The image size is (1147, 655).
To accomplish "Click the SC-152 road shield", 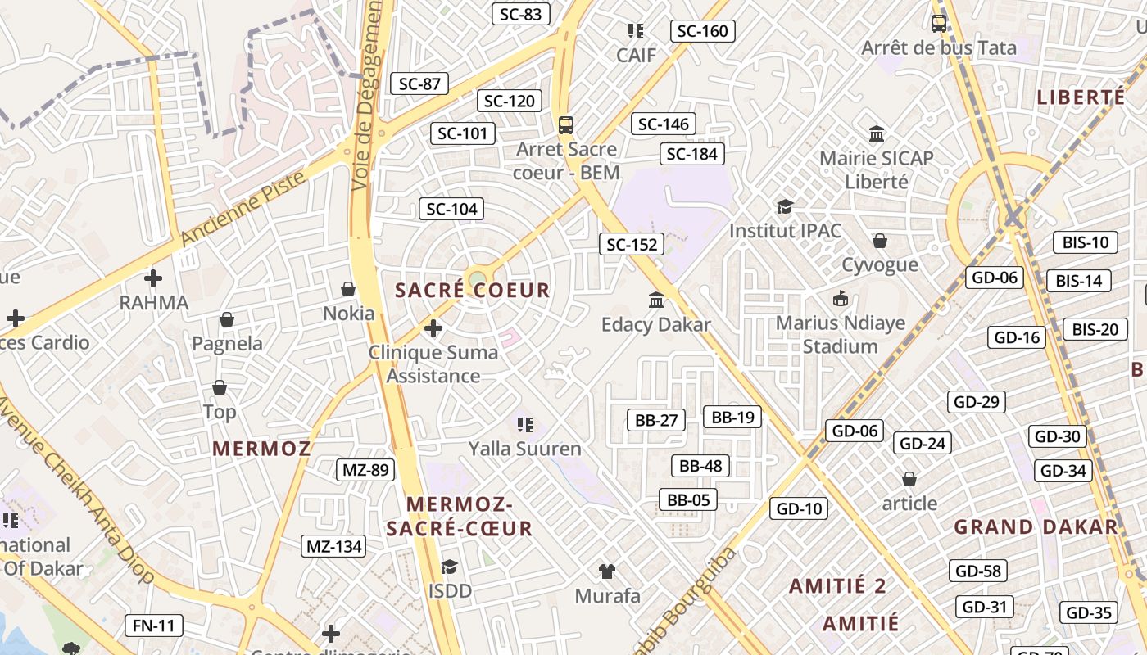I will [631, 244].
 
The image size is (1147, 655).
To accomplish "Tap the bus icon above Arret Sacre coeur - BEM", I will [566, 125].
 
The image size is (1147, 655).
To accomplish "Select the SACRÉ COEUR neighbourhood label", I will [473, 291].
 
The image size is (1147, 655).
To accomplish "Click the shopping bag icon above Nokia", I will [348, 289].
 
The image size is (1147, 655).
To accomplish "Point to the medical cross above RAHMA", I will [153, 278].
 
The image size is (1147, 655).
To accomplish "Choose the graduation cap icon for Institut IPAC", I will [785, 206].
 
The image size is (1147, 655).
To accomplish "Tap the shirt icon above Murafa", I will [607, 571].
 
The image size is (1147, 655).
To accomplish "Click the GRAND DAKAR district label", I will [1036, 526].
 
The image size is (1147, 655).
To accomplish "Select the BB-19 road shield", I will [732, 417].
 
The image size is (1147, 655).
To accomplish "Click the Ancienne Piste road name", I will [243, 208].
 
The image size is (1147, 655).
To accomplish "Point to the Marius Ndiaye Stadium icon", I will [840, 299].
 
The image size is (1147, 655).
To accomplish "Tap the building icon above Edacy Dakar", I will [656, 300].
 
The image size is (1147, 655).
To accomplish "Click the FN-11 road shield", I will [154, 626].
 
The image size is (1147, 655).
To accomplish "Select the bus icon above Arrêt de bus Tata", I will [939, 24].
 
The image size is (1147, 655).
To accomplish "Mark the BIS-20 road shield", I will [1095, 330].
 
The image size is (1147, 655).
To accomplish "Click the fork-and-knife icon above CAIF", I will [635, 31].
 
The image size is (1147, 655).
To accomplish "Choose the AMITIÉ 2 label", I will [837, 586].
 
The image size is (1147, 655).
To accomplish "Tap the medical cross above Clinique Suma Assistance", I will [433, 328].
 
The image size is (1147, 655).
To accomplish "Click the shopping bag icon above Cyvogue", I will [880, 241].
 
